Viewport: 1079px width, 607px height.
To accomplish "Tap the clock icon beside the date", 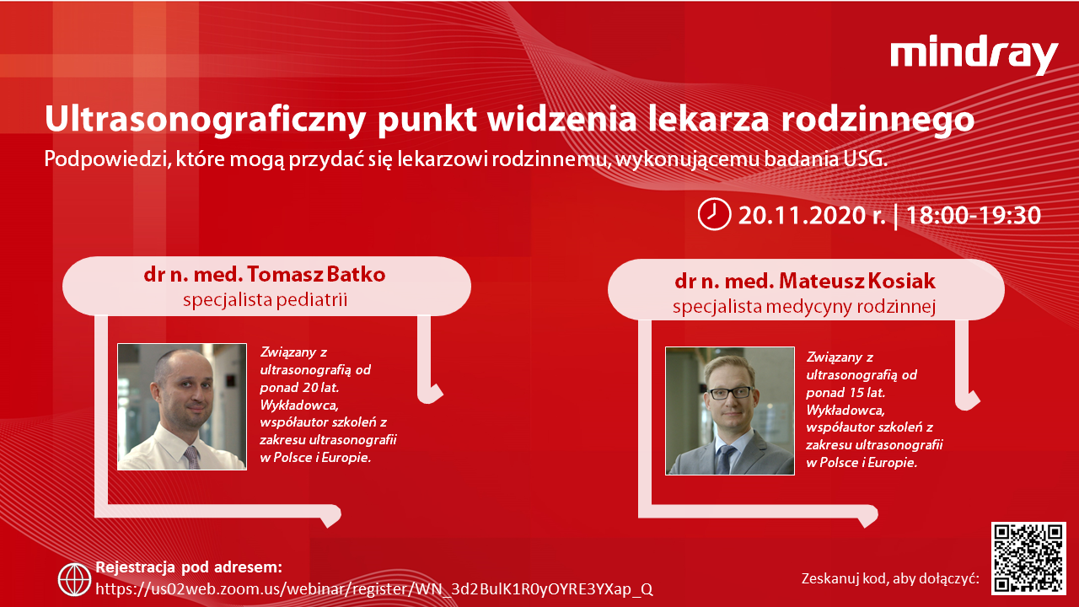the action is (x=714, y=214).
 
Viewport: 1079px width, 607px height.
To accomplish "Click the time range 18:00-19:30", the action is (x=974, y=215).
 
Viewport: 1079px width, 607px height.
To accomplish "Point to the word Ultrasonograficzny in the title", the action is (x=205, y=120).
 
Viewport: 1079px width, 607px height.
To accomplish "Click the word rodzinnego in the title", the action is (x=878, y=120).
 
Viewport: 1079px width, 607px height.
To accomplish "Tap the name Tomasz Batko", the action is (x=316, y=274).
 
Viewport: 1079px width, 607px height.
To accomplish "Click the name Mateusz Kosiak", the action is (x=857, y=281).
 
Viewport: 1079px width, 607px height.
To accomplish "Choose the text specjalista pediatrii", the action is (x=265, y=299).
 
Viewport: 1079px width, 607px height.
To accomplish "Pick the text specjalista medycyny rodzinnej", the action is (x=804, y=306).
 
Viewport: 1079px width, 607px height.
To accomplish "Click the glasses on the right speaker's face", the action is (x=731, y=393).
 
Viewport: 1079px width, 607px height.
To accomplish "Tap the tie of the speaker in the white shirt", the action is (x=192, y=457).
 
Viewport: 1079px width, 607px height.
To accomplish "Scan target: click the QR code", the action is (x=1028, y=558).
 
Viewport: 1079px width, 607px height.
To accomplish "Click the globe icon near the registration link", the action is (x=74, y=579).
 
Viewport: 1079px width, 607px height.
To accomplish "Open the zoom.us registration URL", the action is (x=374, y=588).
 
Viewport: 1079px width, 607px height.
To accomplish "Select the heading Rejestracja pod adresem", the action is (x=189, y=567).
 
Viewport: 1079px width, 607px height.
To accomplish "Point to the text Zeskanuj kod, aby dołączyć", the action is (x=890, y=578).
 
